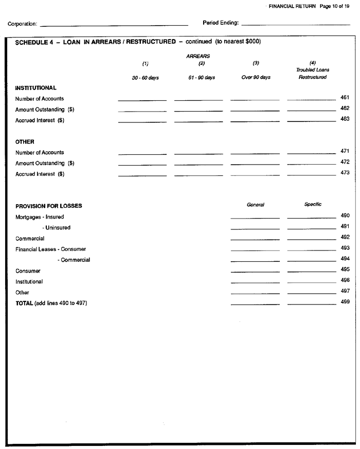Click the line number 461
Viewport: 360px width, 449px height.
pyautogui.click(x=345, y=97)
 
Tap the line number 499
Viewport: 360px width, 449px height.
pyautogui.click(x=345, y=302)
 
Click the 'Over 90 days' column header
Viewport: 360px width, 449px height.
pyautogui.click(x=256, y=78)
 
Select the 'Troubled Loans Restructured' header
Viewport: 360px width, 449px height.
pyautogui.click(x=313, y=73)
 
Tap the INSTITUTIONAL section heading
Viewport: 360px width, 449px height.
pyautogui.click(x=35, y=88)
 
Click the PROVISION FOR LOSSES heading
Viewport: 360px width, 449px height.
pyautogui.click(x=48, y=206)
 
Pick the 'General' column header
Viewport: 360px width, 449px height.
pyautogui.click(x=256, y=205)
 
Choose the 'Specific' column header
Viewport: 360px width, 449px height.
pyautogui.click(x=313, y=204)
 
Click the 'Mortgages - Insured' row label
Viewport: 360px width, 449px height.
pyautogui.click(x=40, y=217)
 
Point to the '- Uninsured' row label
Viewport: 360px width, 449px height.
pyautogui.click(x=56, y=227)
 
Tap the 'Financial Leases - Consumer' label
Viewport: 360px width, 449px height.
pyautogui.click(x=50, y=249)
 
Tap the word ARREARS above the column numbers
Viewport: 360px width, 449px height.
pyautogui.click(x=198, y=56)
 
